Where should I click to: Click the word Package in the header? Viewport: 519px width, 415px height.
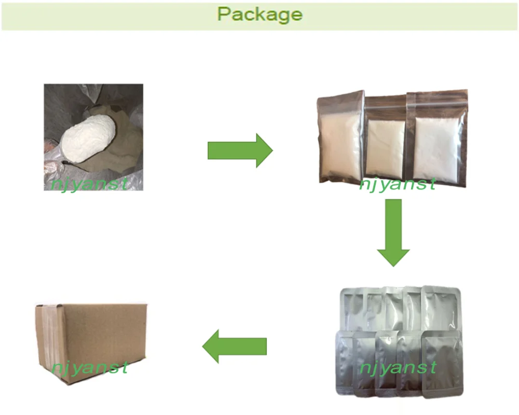[259, 14]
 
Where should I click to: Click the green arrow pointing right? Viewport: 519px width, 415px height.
[240, 150]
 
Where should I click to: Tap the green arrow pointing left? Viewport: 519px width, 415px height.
[234, 346]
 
